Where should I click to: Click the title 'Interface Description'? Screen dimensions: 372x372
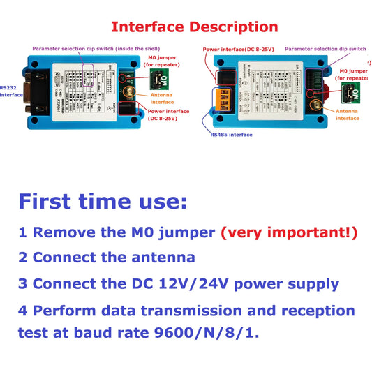195,27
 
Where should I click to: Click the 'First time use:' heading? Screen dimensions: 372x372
103,202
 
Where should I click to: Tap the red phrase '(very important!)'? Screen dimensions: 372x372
289,232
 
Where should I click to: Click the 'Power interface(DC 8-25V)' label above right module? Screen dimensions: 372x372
239,50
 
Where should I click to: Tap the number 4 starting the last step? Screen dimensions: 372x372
24,311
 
